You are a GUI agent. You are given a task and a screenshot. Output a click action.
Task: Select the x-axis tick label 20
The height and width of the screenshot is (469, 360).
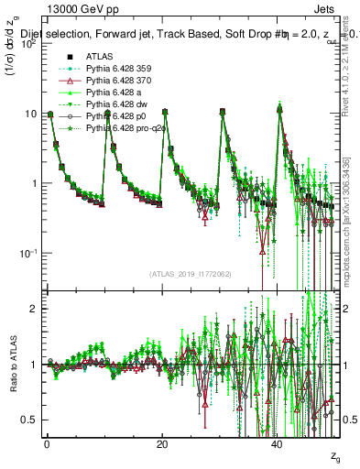pos(162,443)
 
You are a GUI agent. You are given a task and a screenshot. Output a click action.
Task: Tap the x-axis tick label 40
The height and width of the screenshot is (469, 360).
pos(278,443)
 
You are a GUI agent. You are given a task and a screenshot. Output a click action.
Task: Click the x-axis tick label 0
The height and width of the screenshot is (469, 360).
pos(47,443)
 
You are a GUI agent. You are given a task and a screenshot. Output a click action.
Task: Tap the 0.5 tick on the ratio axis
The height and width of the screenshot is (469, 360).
pos(30,420)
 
